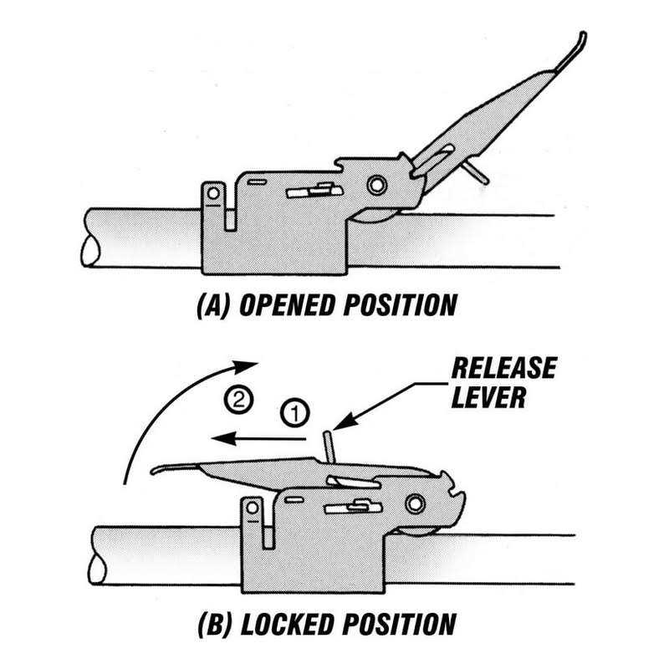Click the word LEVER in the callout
488,396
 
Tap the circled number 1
294,411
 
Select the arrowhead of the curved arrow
248,365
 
